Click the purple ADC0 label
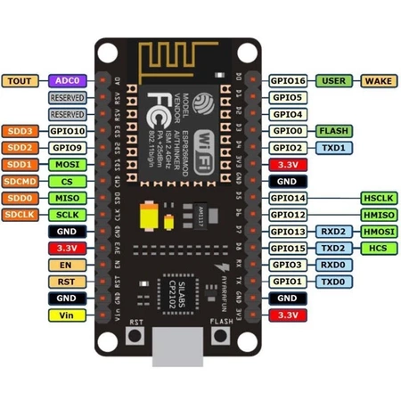(x=68, y=80)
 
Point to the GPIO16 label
(x=288, y=80)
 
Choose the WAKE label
(x=380, y=80)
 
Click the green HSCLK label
(x=380, y=197)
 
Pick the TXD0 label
(x=333, y=282)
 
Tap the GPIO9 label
(x=68, y=147)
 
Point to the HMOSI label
(x=380, y=231)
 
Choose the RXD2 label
(x=333, y=231)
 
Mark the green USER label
(x=333, y=80)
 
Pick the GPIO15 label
(x=288, y=248)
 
